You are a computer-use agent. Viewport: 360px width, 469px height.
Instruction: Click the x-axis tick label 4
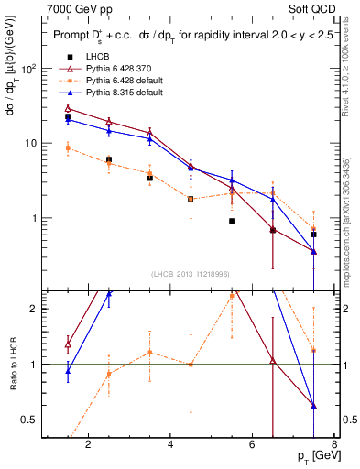(171, 445)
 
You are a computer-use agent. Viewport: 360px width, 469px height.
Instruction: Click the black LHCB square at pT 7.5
(314, 234)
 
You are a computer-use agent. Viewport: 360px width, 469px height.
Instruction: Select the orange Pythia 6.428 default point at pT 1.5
(68, 147)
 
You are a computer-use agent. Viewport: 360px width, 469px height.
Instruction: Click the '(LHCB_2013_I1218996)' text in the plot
(191, 275)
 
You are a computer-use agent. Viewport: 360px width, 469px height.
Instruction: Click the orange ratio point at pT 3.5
(149, 353)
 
